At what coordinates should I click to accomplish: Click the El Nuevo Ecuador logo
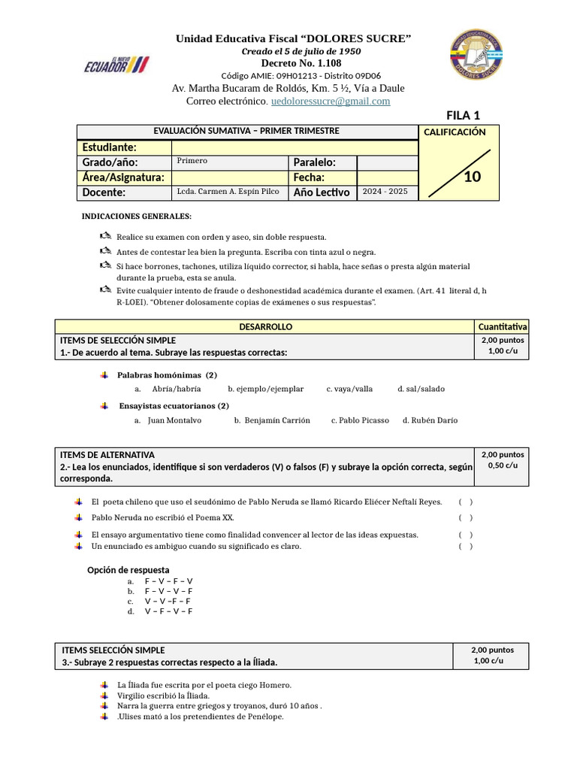click(x=116, y=65)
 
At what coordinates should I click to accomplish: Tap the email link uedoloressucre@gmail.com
click(x=331, y=101)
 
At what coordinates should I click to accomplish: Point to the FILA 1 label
click(x=463, y=115)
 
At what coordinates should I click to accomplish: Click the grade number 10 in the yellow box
click(x=472, y=177)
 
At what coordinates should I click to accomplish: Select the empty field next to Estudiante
click(x=294, y=147)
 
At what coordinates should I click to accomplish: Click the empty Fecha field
click(x=386, y=177)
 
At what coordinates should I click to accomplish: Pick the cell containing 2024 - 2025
click(x=385, y=192)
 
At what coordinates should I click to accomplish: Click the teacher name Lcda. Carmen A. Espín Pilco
click(x=228, y=192)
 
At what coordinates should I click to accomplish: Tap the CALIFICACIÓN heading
click(x=455, y=132)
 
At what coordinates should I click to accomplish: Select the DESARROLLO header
click(x=265, y=327)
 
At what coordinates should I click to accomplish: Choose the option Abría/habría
click(x=176, y=389)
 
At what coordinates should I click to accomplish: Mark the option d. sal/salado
click(x=421, y=389)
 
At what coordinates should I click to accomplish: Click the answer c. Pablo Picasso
click(x=360, y=420)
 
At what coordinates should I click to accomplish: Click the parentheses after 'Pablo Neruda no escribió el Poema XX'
click(x=466, y=517)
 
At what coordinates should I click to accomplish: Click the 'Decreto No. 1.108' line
click(x=293, y=62)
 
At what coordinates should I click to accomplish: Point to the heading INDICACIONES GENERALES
click(x=136, y=217)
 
